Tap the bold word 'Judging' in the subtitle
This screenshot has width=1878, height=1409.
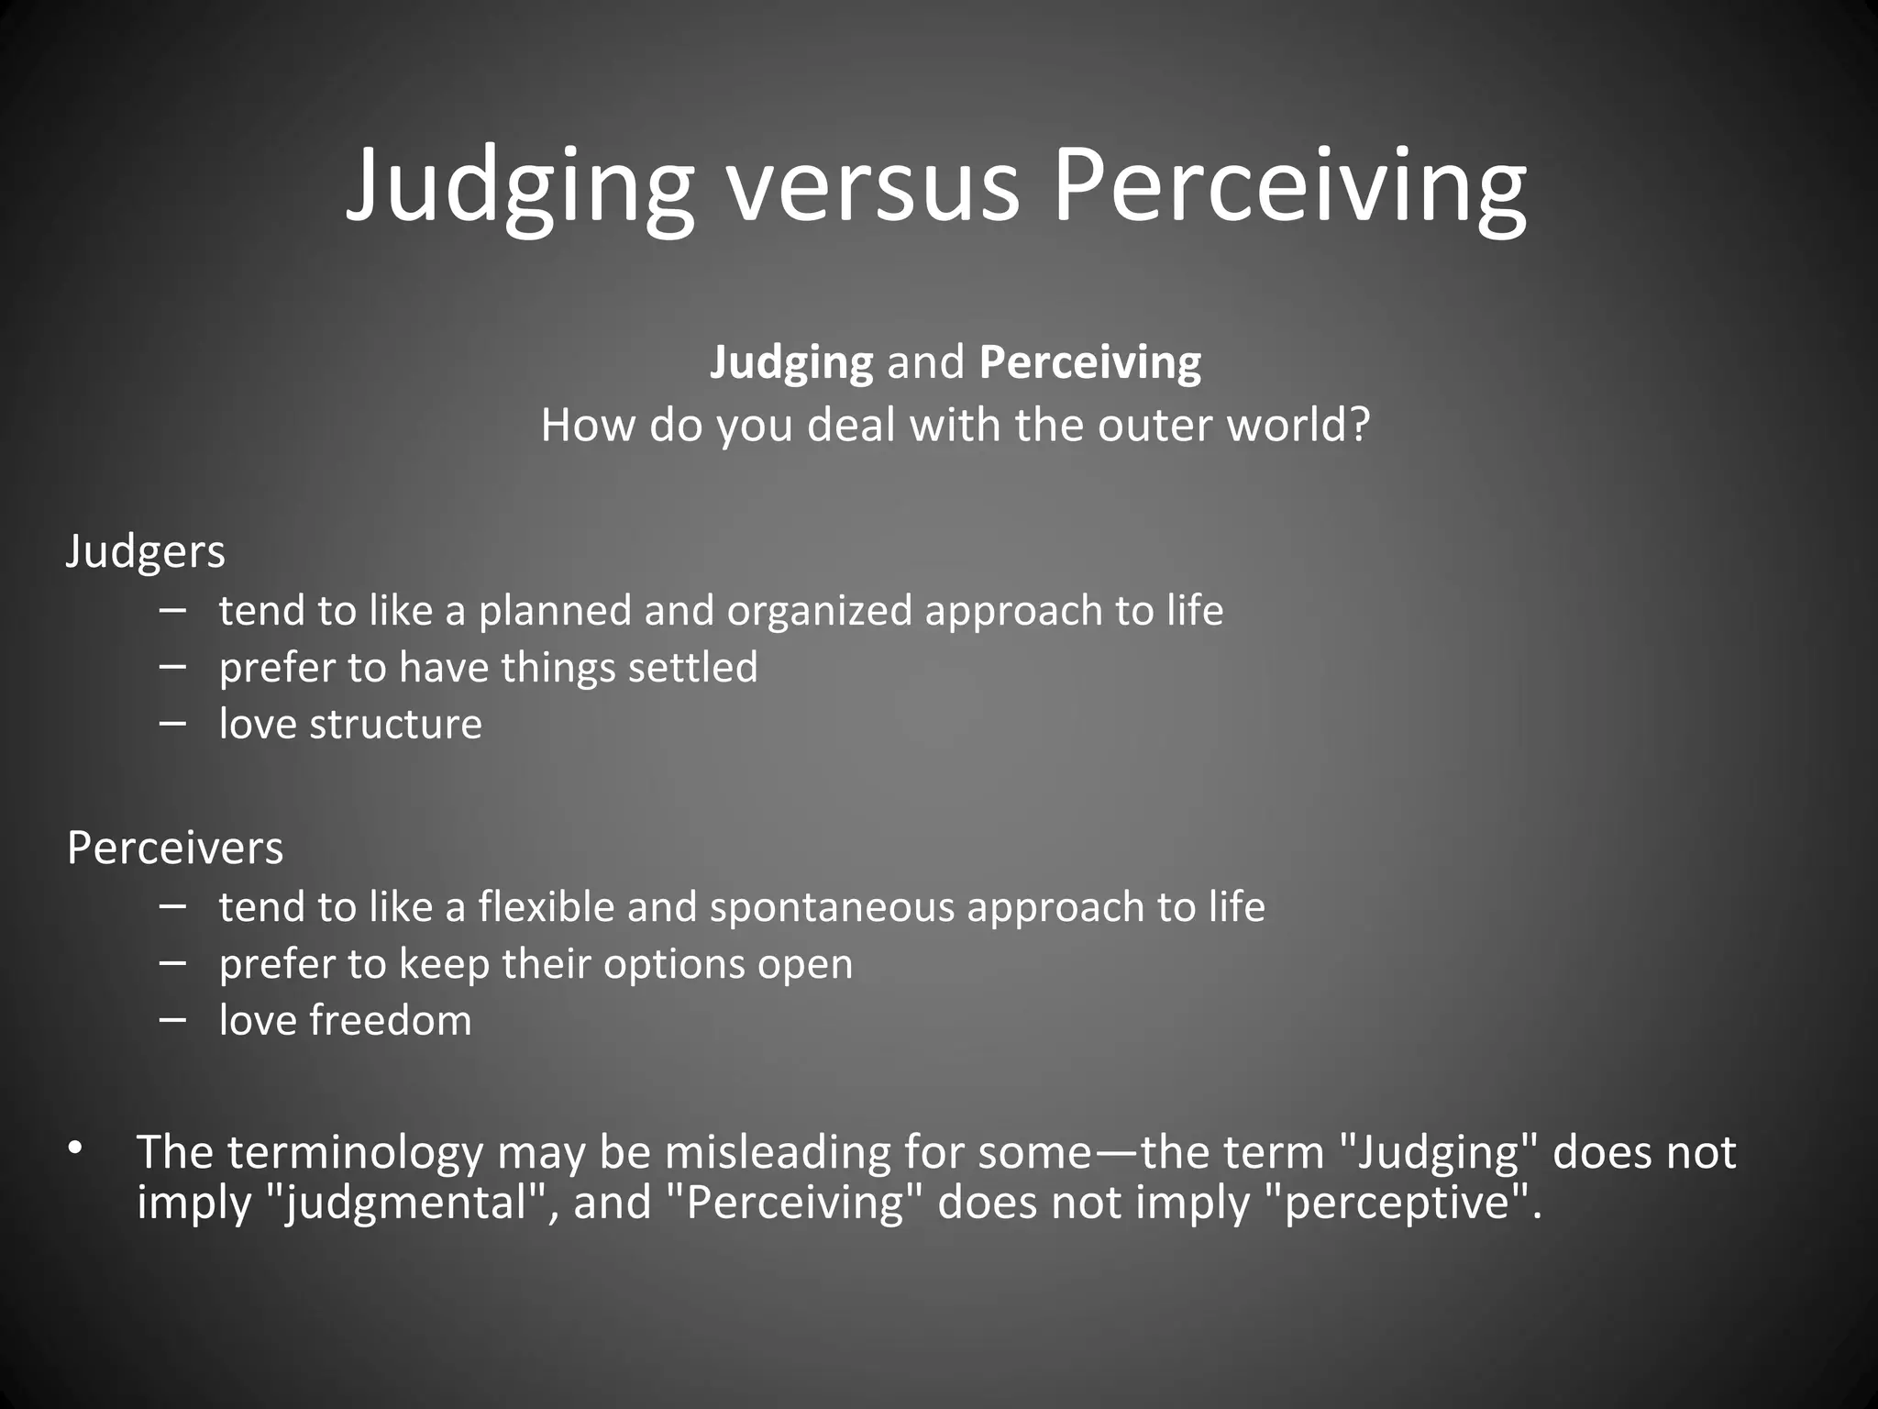(791, 363)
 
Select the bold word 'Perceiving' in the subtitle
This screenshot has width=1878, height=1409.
(1089, 363)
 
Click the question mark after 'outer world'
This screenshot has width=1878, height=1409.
(1360, 425)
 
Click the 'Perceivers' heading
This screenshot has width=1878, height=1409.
(175, 848)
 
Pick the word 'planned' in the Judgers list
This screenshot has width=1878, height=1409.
(555, 612)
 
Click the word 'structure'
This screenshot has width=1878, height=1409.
(395, 725)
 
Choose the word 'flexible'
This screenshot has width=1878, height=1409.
(547, 907)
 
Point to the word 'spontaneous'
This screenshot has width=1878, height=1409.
(832, 907)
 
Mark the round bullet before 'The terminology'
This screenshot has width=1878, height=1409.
(75, 1148)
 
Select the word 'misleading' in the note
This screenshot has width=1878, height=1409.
(778, 1152)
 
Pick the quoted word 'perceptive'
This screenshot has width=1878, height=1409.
(1397, 1203)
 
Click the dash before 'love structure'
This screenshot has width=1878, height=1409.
(172, 722)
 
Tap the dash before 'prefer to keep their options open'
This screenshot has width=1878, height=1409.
(172, 962)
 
